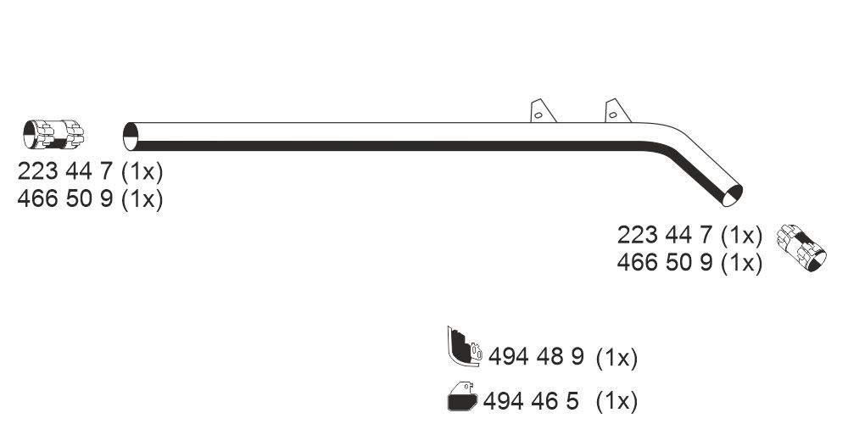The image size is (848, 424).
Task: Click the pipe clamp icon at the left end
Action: (53, 134)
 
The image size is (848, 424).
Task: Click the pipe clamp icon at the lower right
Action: (801, 247)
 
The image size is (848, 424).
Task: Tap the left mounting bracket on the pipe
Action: (543, 111)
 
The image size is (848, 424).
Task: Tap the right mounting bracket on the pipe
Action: (617, 111)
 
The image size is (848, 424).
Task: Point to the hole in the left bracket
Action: (538, 114)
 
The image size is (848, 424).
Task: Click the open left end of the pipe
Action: (131, 137)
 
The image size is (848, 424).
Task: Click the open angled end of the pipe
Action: (733, 195)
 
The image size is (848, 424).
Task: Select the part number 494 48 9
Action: (536, 356)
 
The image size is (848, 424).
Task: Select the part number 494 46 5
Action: (531, 401)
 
